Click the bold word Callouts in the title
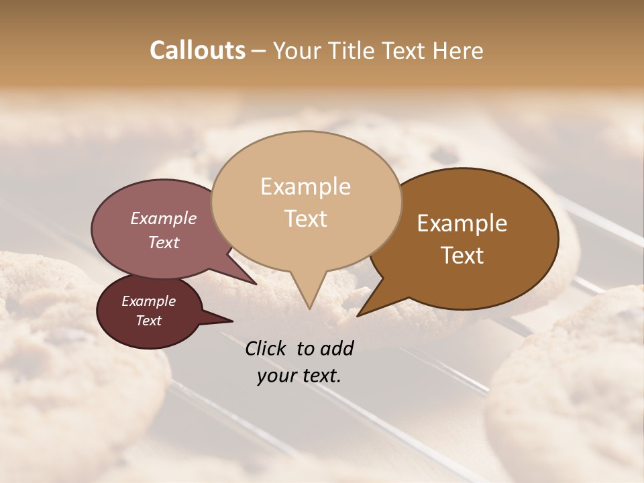(197, 50)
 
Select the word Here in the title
(458, 50)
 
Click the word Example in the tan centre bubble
(305, 186)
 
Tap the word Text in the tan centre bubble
(305, 219)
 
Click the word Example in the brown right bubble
(462, 223)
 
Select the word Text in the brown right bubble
(462, 256)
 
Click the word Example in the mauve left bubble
(164, 218)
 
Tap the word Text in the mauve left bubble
(164, 242)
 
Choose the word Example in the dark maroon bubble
(149, 301)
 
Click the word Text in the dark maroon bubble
(149, 321)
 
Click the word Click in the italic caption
(266, 348)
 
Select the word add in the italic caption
(337, 348)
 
